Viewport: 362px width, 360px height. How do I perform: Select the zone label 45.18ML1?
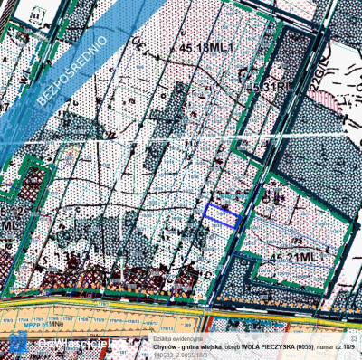(206, 47)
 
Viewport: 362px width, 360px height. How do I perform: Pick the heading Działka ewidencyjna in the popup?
(176, 333)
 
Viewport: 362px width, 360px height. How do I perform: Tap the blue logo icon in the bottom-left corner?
(17, 344)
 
